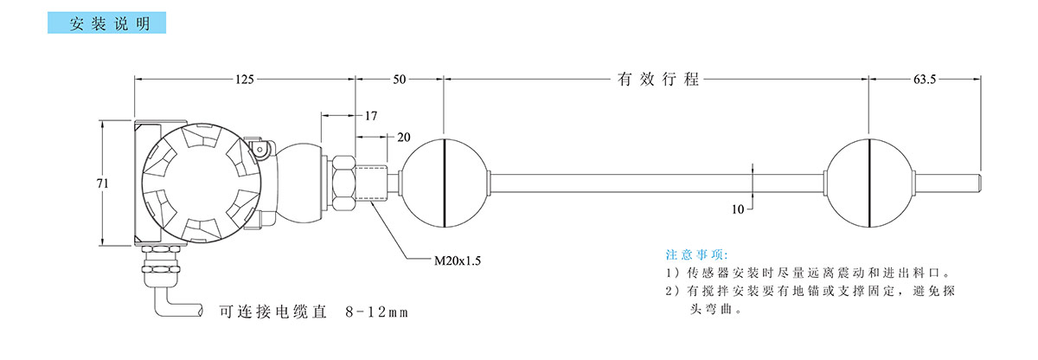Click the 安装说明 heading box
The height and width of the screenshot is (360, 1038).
pyautogui.click(x=110, y=23)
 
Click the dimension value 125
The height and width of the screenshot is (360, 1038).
pyautogui.click(x=244, y=80)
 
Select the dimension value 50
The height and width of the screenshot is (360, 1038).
pyautogui.click(x=400, y=80)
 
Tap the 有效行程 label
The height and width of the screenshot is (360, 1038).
pyautogui.click(x=657, y=80)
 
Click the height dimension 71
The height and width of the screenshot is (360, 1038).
pyautogui.click(x=101, y=183)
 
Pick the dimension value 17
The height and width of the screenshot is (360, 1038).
pyautogui.click(x=371, y=115)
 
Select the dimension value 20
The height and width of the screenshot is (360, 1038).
pyautogui.click(x=403, y=138)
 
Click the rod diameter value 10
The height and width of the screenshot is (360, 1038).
pyautogui.click(x=738, y=209)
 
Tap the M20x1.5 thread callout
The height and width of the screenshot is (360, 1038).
pyautogui.click(x=456, y=259)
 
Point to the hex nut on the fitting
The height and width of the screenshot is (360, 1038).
pyautogui.click(x=343, y=183)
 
